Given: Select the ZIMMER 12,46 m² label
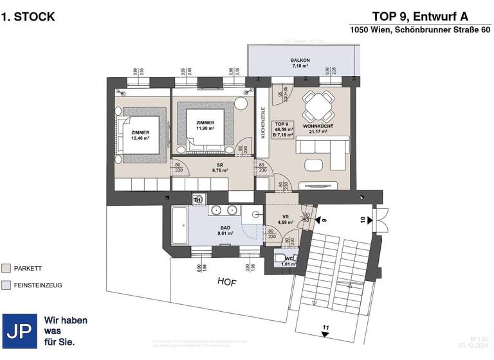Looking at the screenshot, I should [140, 134].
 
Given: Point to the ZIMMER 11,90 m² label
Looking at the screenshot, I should [205, 125].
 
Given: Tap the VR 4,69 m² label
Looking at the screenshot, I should [283, 220].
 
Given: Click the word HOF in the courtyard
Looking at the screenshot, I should [227, 281].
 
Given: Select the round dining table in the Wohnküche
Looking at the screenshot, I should [319, 104].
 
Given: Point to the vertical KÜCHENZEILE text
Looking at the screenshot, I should [262, 122].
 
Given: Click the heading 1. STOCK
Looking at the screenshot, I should [28, 17].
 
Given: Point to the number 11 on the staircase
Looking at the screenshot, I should [326, 328].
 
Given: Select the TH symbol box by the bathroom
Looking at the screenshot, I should [198, 199].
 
